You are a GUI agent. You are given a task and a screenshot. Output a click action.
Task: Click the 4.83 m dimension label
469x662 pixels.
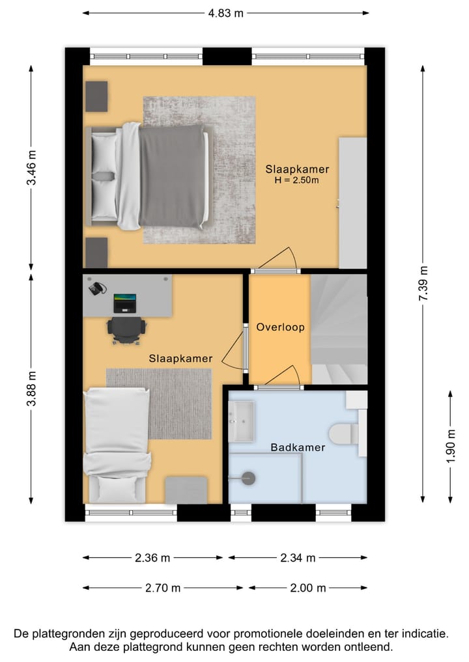tap(225, 13)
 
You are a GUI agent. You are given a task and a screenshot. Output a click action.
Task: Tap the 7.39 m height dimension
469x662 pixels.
tap(423, 283)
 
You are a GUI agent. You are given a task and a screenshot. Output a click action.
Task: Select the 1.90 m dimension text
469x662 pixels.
tap(451, 446)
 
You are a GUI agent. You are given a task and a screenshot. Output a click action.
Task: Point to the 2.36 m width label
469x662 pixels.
tap(152, 558)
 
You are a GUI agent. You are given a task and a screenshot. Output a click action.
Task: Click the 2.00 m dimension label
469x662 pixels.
tap(308, 588)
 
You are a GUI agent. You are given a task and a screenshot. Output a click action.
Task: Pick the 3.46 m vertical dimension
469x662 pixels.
tap(31, 167)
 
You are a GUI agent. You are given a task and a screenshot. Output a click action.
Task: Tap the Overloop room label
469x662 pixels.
tap(281, 327)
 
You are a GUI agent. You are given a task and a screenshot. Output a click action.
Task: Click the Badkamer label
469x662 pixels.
tap(298, 448)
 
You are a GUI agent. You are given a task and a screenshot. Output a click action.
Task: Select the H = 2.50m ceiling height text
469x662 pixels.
tap(296, 180)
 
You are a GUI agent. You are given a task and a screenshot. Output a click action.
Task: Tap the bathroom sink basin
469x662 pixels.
tap(241, 421)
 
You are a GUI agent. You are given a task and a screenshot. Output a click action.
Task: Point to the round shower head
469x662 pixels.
tap(248, 478)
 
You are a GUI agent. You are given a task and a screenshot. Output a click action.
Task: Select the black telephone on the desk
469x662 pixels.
tap(98, 288)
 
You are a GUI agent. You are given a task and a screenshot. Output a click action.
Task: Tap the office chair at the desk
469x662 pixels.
tap(126, 331)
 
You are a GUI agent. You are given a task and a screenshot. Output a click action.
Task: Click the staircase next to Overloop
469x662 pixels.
tap(339, 329)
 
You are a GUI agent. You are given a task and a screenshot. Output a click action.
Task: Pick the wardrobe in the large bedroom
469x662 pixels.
tap(353, 202)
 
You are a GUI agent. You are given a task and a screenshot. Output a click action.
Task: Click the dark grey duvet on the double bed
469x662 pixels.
tap(171, 176)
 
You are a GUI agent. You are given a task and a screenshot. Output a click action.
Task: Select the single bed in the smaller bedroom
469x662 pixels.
tap(117, 446)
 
